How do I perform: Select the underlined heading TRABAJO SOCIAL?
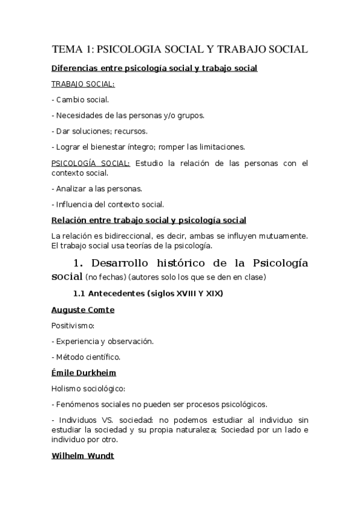click(82, 84)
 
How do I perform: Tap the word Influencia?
click(75, 204)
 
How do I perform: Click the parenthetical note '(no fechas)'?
click(105, 277)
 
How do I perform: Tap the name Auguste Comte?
click(83, 310)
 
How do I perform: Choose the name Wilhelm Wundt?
click(83, 456)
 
